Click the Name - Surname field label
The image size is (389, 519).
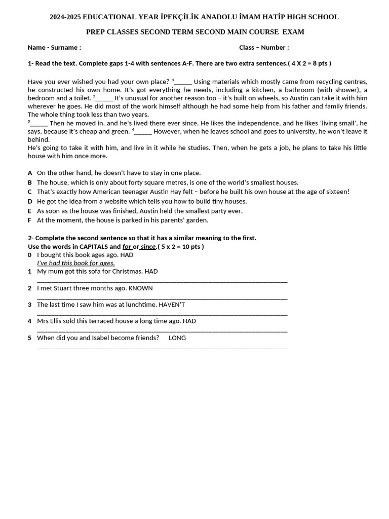pyautogui.click(x=54, y=48)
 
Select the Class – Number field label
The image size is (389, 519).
pyautogui.click(x=264, y=48)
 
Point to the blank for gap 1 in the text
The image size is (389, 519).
pyautogui.click(x=183, y=82)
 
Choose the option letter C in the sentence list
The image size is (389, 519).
pyautogui.click(x=30, y=192)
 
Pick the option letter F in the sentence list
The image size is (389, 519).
pyautogui.click(x=30, y=220)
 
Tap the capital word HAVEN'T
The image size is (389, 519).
pyautogui.click(x=172, y=305)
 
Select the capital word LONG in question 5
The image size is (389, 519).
pyautogui.click(x=177, y=338)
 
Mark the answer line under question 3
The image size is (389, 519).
pyautogui.click(x=162, y=314)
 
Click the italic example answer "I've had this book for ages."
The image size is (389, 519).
pyautogui.click(x=76, y=263)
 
